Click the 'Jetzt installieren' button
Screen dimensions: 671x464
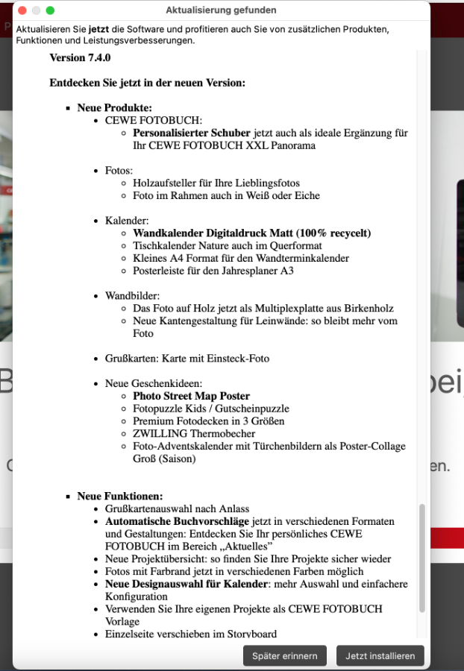coord(380,656)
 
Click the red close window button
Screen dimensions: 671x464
coord(22,10)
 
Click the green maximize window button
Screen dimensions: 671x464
coord(50,10)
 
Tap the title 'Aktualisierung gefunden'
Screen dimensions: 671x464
coord(221,10)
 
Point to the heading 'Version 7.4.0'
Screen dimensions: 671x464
coord(80,57)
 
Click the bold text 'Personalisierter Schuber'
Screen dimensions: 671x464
coord(192,133)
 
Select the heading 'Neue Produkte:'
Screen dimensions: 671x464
coord(114,107)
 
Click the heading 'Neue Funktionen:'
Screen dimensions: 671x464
coord(119,496)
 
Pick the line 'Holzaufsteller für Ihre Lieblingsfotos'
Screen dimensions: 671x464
coord(216,183)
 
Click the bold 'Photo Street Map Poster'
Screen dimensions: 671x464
coord(191,396)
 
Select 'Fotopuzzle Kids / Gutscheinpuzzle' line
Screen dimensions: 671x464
coord(211,409)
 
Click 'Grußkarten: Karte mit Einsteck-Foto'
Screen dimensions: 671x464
coord(187,358)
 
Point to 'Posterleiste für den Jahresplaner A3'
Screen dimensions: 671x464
coord(213,271)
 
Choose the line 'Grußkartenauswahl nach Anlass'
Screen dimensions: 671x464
coord(177,508)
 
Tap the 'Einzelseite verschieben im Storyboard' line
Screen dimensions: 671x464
coord(191,634)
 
